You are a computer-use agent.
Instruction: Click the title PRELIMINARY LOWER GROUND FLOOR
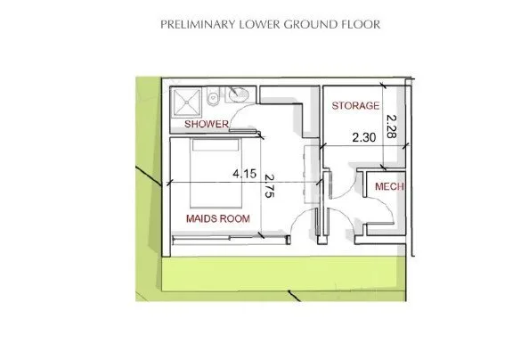click(x=270, y=24)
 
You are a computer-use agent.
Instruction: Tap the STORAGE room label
click(x=355, y=106)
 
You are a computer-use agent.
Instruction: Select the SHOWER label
click(x=207, y=124)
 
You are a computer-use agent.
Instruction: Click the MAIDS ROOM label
click(x=218, y=218)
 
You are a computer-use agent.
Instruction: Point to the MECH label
click(x=389, y=186)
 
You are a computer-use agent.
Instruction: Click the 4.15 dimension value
click(x=245, y=174)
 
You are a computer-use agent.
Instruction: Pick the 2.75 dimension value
click(x=269, y=185)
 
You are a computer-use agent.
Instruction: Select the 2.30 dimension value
click(x=364, y=137)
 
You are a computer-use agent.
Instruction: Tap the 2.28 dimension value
click(x=391, y=127)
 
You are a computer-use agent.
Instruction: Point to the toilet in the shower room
click(x=213, y=96)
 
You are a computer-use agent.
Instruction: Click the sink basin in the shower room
click(x=238, y=94)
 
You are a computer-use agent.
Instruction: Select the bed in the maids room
click(x=216, y=173)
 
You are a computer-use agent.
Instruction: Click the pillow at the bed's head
click(x=216, y=145)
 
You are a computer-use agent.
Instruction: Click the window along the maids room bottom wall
click(x=231, y=239)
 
